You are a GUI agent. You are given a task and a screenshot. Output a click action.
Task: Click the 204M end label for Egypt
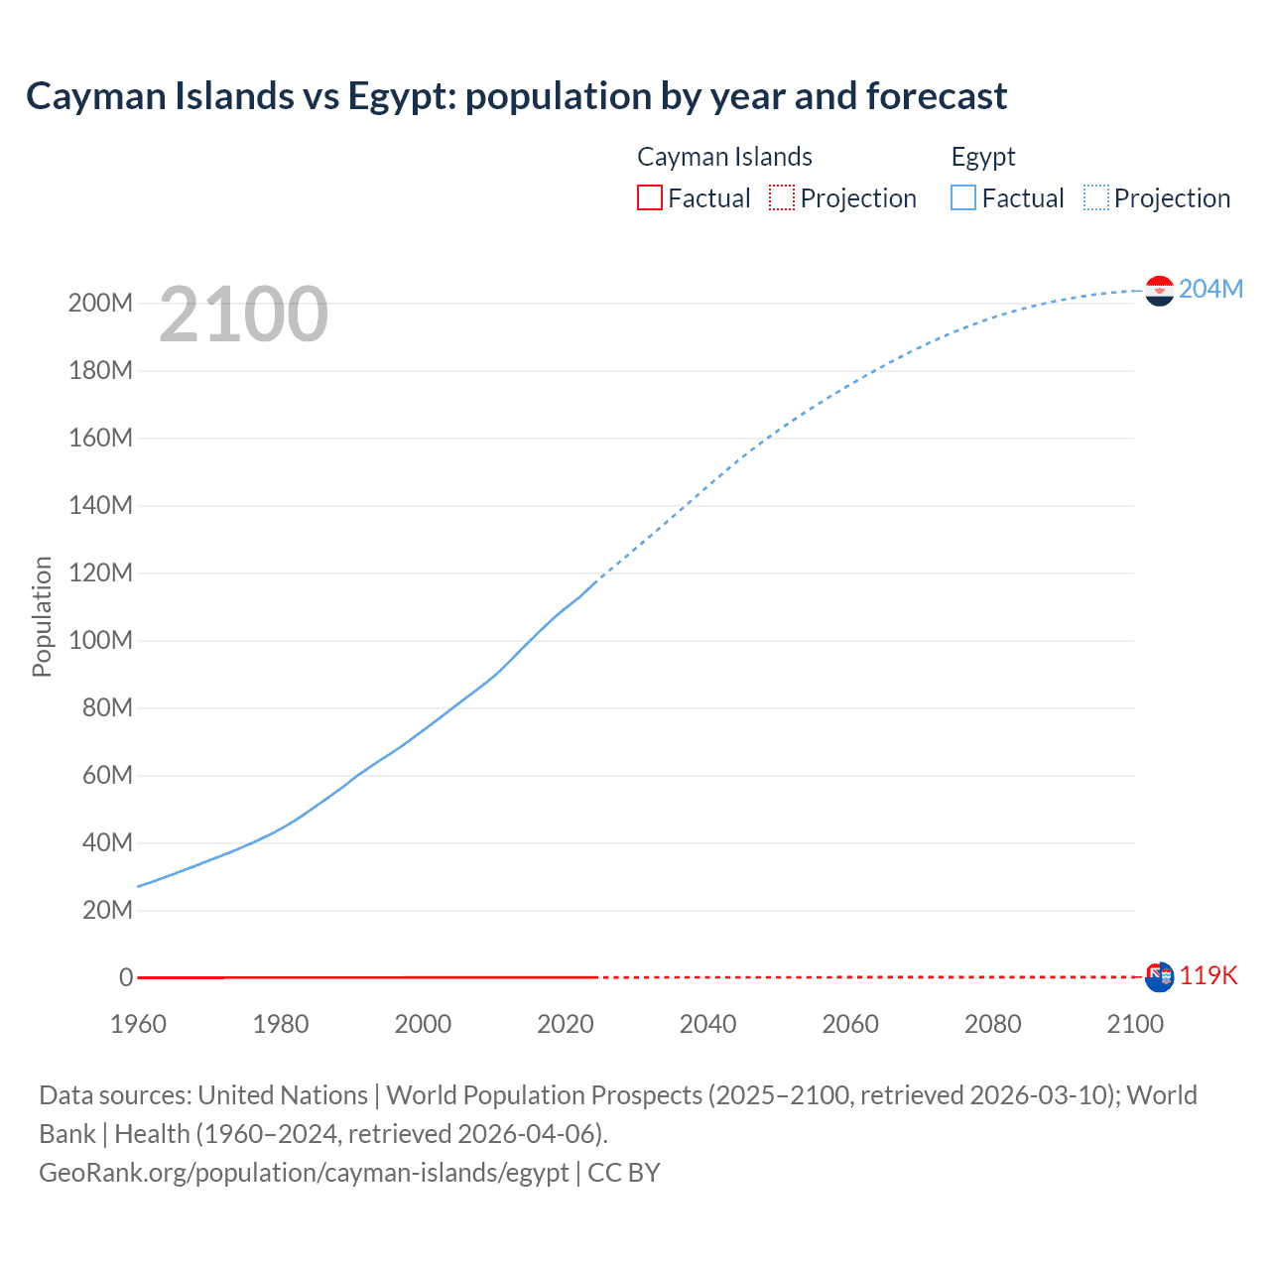point(1210,289)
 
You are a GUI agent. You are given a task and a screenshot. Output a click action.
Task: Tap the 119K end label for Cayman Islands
point(1207,975)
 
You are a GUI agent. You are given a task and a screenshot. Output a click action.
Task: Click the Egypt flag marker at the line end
point(1159,291)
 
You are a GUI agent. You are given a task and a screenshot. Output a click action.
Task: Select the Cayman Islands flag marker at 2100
point(1159,976)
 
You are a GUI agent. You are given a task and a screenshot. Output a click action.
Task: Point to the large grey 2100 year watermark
point(243,315)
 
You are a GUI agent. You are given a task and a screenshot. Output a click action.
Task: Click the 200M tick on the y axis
point(100,303)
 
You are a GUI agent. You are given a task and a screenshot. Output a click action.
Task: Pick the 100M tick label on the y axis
point(100,640)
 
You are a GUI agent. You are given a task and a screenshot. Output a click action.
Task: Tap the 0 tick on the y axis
point(126,977)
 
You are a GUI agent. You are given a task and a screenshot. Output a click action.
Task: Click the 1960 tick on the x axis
point(138,1024)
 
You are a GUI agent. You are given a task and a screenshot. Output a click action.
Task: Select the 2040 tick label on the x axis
point(707,1024)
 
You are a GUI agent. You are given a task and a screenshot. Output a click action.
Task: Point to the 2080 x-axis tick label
point(992,1024)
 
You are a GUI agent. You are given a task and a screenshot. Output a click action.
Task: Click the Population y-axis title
point(42,616)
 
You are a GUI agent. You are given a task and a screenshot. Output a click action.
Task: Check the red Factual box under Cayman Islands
point(649,197)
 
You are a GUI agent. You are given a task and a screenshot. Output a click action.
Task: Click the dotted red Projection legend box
point(782,197)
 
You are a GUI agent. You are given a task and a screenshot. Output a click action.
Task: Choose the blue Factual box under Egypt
point(962,197)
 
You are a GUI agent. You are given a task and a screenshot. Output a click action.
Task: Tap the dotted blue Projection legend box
point(1096,197)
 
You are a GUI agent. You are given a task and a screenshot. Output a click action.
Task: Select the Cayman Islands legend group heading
point(724,157)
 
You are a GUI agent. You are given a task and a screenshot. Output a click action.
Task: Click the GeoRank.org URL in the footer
point(304,1173)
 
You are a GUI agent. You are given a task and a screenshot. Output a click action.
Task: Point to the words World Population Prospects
point(544,1095)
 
